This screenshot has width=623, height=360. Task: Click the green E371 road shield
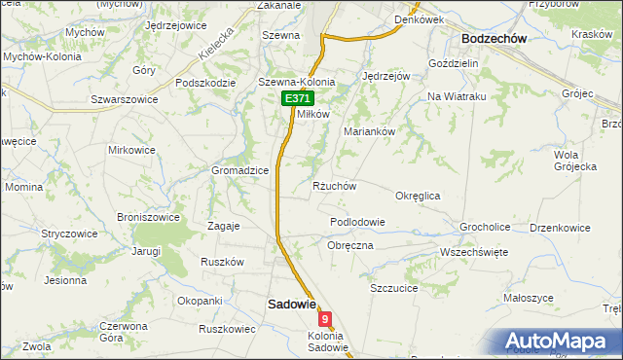pos(298,99)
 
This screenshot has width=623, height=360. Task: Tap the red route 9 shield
pos(325,318)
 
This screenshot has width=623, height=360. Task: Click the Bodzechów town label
pos(494,38)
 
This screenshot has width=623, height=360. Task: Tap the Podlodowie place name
pos(357,222)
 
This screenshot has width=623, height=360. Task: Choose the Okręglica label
pos(419,196)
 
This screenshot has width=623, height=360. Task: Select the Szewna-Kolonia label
pos(296,83)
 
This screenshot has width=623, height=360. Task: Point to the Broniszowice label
pos(147,217)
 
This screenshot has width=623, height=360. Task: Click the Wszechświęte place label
pos(474,251)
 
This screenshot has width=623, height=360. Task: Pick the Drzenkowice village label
pos(560,228)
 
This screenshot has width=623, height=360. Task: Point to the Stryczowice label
pos(69,234)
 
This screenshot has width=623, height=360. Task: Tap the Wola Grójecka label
pos(574,161)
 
